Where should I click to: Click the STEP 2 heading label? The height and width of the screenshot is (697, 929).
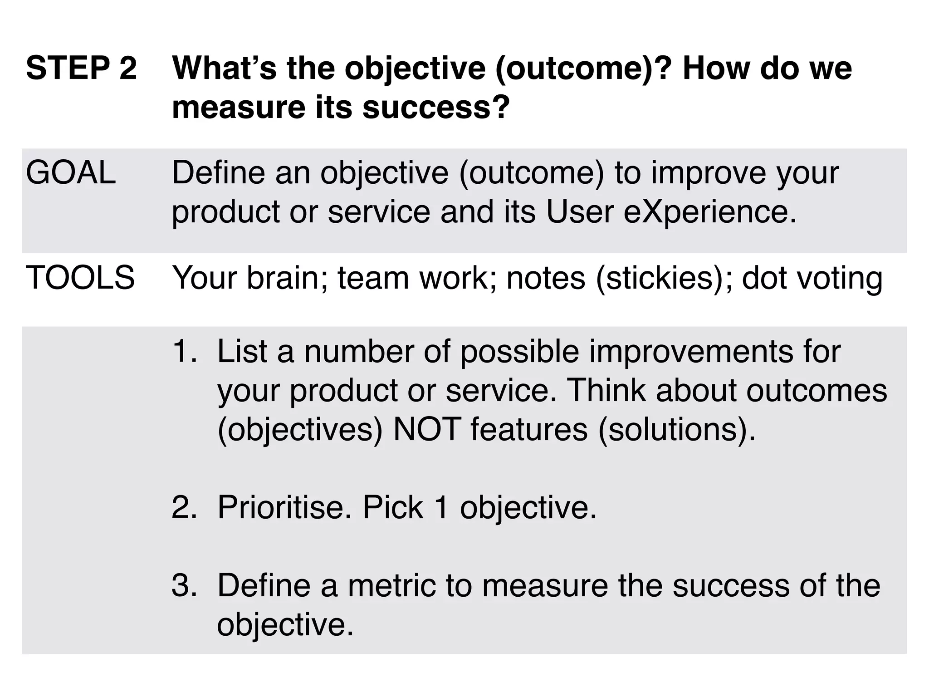[81, 68]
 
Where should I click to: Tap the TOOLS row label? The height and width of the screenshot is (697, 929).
[80, 277]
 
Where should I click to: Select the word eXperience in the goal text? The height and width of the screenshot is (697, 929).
[710, 212]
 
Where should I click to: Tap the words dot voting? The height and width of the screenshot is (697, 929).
[812, 277]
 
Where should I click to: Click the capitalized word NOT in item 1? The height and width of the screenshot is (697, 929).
[427, 429]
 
